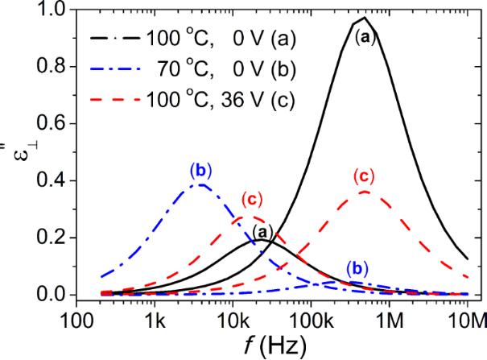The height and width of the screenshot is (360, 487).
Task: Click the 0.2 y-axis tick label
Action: [52, 238]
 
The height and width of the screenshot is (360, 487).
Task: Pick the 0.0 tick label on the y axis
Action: [52, 295]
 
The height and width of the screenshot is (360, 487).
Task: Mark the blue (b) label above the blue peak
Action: [200, 170]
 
